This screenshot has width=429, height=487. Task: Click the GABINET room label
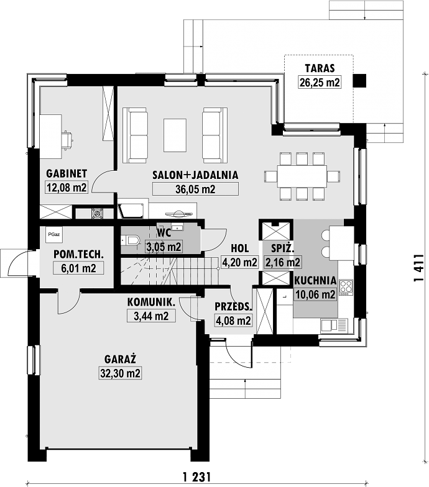point(67,174)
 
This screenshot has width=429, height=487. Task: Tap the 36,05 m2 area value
point(195,189)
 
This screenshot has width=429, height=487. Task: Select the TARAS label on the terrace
point(320,68)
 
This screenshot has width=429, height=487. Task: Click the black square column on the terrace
point(359,81)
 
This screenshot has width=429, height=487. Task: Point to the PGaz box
point(54,235)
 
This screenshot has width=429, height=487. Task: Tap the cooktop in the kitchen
point(346,288)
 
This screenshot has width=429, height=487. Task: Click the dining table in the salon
point(302,176)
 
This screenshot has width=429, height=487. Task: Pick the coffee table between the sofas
point(175,135)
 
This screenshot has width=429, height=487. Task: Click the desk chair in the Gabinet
point(67,139)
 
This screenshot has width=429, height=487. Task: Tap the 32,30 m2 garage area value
point(121,373)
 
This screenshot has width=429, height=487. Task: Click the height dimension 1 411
point(419,268)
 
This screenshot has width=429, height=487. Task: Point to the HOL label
point(240,248)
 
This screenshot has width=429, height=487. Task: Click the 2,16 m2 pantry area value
point(282,262)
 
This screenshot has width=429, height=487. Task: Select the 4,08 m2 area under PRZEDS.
point(233,321)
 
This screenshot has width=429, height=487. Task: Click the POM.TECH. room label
point(78,254)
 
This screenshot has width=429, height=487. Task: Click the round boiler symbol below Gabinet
point(97,213)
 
